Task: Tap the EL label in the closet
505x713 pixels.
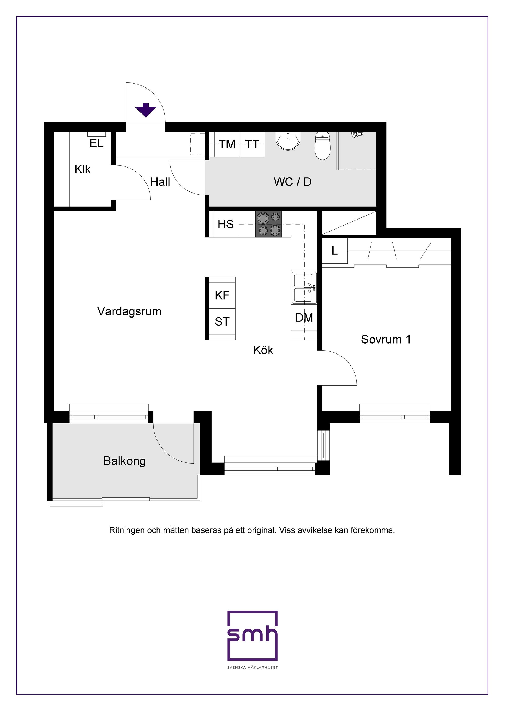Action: click(x=97, y=143)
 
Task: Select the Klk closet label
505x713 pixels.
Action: click(x=83, y=170)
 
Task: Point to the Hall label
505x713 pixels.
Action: click(x=160, y=182)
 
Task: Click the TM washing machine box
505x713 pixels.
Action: click(x=227, y=144)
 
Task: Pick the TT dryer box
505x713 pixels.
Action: click(x=252, y=144)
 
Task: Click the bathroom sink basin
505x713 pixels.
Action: click(x=288, y=141)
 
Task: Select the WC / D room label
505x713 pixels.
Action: click(x=292, y=182)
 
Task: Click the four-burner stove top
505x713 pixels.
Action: click(x=268, y=224)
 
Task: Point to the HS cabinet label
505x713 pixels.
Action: click(x=225, y=224)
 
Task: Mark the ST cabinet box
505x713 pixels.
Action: click(x=222, y=322)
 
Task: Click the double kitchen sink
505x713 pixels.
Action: click(x=304, y=288)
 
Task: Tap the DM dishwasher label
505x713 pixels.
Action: click(x=304, y=318)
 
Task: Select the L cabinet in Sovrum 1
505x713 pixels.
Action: click(x=335, y=251)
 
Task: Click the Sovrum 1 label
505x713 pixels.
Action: click(x=386, y=339)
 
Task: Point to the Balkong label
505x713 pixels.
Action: click(x=124, y=461)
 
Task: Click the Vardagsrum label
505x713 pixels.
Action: click(x=129, y=311)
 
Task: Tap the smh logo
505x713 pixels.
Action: click(x=252, y=635)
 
